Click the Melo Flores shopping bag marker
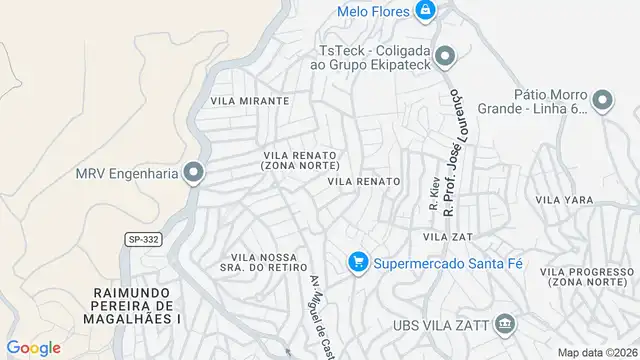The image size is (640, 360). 425,10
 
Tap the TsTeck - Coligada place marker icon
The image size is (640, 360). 446,54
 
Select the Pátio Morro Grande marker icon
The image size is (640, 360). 602,99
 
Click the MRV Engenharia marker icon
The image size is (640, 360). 194,173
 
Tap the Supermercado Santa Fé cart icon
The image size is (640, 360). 357,263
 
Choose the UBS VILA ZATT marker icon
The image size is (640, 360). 506,323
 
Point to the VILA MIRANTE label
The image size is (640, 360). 250,101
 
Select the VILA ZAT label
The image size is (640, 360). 447,236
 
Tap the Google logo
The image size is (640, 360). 34,347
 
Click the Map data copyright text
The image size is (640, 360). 596,352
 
